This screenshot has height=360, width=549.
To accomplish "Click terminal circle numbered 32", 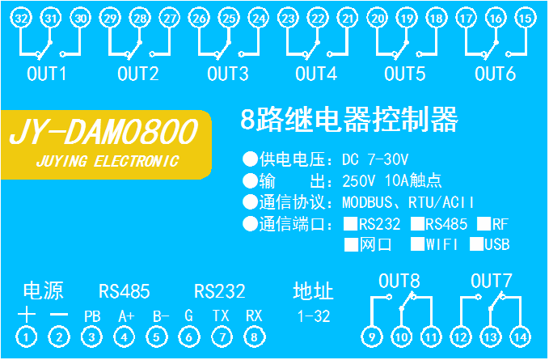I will pos(23,17).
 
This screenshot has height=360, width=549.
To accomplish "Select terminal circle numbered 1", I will pos(28,337).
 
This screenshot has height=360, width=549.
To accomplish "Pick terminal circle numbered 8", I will pos(255,337).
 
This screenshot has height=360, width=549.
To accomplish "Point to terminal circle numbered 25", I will pos(230,17).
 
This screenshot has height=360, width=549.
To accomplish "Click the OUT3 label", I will pos(227,74).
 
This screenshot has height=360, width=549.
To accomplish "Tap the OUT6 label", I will pos(495,74).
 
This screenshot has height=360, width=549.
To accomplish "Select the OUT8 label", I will pos(399,282).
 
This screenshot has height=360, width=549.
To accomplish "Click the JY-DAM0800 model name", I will pos(103,132).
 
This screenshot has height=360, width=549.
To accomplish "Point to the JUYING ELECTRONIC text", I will pos(108,161).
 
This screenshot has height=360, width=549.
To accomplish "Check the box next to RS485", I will pos(417,223).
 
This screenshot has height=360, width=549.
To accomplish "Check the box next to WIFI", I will pos(417,243).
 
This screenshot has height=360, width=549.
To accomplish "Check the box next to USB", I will pos(477,243).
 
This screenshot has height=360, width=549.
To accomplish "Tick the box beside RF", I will pos(484,223).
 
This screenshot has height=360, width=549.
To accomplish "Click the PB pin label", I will pos(91,316).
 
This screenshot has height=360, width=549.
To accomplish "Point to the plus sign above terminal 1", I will pos(28,315).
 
